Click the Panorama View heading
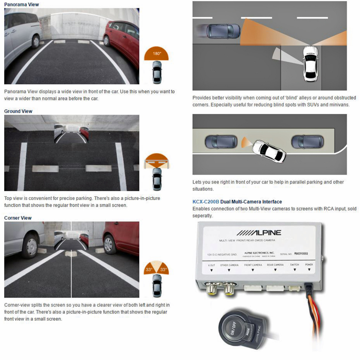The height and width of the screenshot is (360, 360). pyautogui.click(x=21, y=5)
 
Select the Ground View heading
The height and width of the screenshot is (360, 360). pyautogui.click(x=18, y=111)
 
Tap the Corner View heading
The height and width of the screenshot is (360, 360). pyautogui.click(x=18, y=218)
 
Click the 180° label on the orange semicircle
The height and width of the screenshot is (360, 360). pyautogui.click(x=156, y=54)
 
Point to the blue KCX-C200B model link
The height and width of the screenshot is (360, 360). pyautogui.click(x=206, y=202)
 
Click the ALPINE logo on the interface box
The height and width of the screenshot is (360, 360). pyautogui.click(x=259, y=233)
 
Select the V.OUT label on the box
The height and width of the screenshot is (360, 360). pyautogui.click(x=211, y=265)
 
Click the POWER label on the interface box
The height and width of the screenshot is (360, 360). pyautogui.click(x=309, y=265)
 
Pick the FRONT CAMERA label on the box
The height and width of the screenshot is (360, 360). pyautogui.click(x=253, y=265)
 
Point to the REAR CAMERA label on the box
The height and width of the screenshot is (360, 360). pyautogui.click(x=275, y=265)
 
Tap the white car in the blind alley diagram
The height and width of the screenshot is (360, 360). pyautogui.click(x=310, y=63)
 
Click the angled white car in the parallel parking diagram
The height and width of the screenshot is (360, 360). pyautogui.click(x=269, y=151)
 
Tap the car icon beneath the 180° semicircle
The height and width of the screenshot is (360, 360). pyautogui.click(x=157, y=72)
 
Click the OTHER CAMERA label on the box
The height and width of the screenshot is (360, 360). pyautogui.click(x=229, y=265)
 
